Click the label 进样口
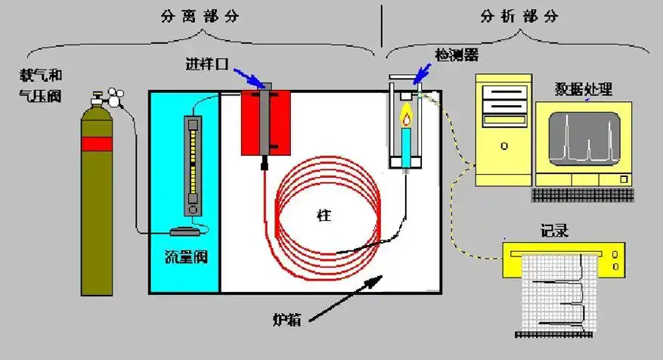(207, 63)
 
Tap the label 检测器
(456, 55)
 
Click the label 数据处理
(581, 91)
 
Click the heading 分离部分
(200, 16)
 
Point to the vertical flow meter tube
(194, 163)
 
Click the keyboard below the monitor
(581, 194)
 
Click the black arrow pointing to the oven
(348, 297)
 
